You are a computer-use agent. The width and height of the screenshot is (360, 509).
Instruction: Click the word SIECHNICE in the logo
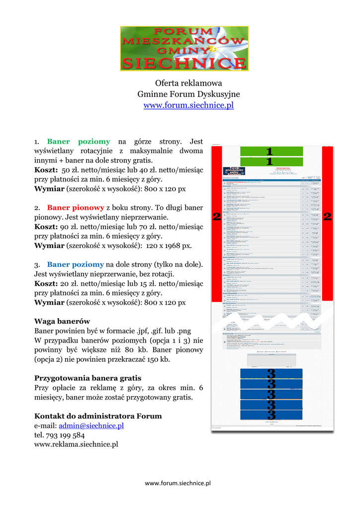click(184, 63)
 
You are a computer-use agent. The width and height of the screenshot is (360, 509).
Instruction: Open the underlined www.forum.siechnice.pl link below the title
click(188, 105)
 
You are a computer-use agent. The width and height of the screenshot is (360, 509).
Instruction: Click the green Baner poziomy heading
click(78, 142)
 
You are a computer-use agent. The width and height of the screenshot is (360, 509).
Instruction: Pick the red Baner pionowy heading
click(75, 208)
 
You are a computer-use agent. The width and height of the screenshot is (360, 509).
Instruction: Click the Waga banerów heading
click(62, 321)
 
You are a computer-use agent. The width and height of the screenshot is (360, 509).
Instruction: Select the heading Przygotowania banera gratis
click(88, 378)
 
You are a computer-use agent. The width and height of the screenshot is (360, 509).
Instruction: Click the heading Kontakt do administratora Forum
click(98, 416)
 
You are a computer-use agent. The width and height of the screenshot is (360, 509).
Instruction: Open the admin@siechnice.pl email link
click(91, 425)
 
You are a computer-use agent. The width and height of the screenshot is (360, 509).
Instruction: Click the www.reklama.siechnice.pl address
click(76, 444)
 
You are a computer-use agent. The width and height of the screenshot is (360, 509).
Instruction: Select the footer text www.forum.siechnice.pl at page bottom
click(178, 483)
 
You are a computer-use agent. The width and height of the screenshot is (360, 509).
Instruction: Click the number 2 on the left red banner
click(217, 216)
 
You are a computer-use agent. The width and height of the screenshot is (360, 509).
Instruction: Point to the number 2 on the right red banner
click(327, 216)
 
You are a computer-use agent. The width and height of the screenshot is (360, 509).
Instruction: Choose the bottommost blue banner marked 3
click(271, 415)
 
